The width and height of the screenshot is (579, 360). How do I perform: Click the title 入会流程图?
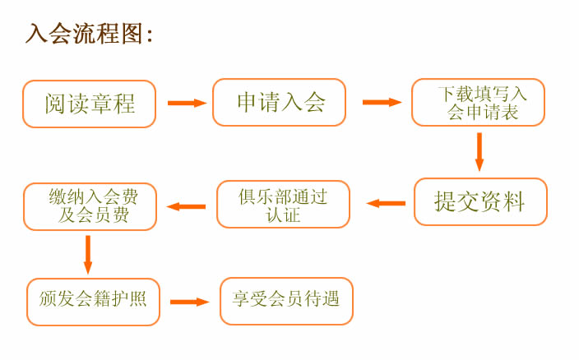coord(85,34)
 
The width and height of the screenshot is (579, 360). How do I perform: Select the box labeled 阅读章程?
coord(90,104)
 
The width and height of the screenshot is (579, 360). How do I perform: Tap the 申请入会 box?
coord(279,102)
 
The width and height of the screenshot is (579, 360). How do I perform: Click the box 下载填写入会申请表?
coord(478,102)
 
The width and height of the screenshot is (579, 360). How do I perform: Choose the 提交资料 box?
coord(480,201)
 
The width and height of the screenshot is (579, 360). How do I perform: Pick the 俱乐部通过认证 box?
coord(283,205)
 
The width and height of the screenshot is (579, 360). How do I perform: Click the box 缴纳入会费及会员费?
coord(90,206)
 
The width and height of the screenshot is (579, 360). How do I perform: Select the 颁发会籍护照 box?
coord(93,302)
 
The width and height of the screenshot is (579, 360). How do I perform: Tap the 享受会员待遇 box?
coord(286,302)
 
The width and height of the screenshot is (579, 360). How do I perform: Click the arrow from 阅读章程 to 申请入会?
coord(188,103)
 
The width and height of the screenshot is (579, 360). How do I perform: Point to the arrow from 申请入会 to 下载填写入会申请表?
coord(382,102)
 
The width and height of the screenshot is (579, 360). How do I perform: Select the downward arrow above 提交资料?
coord(479,152)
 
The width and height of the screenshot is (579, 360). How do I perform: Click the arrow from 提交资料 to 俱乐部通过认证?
coord(386,203)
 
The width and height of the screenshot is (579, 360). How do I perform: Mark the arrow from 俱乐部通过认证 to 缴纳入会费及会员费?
coord(186,206)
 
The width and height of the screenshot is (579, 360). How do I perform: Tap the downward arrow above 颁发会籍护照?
coord(88,255)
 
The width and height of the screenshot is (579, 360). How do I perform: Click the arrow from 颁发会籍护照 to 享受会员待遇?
coord(190,302)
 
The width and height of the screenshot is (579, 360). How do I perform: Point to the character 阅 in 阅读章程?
coord(55,104)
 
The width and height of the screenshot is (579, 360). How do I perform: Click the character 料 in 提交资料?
coord(514,201)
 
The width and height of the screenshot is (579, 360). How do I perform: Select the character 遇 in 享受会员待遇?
coord(330,299)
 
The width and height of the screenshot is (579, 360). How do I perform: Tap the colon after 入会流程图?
coord(150,36)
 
